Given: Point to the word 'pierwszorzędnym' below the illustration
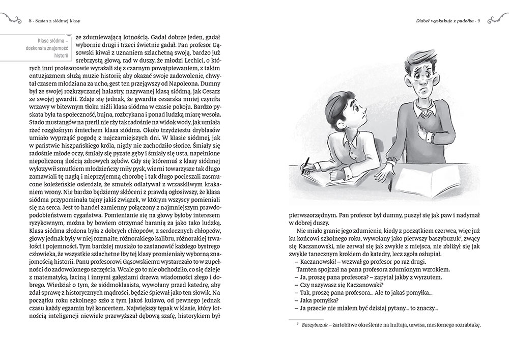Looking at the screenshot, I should pyautogui.click(x=313, y=215).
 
